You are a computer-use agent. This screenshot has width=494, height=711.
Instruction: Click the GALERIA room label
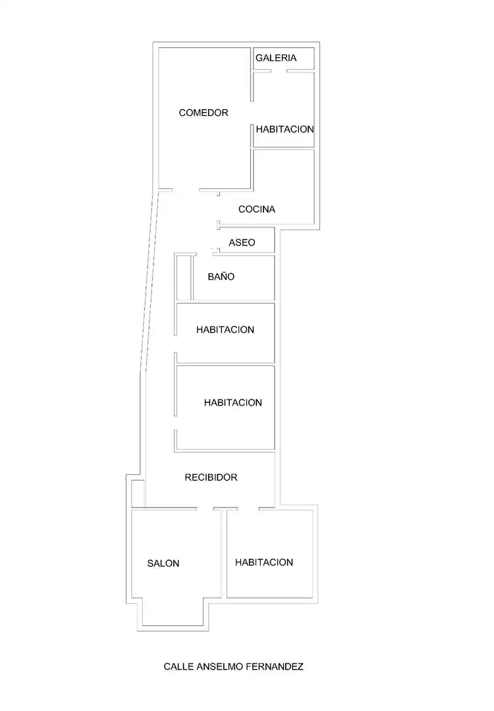click(x=276, y=58)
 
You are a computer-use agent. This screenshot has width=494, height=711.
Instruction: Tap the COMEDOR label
click(x=204, y=113)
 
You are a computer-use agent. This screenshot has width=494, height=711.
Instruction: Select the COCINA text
click(x=257, y=209)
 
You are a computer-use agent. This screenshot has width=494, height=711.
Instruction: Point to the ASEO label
click(x=242, y=242)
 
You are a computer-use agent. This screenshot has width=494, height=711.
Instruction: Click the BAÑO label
click(x=221, y=276)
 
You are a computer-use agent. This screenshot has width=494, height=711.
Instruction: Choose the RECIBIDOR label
click(x=211, y=477)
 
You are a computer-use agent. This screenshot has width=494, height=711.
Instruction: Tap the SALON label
click(x=163, y=564)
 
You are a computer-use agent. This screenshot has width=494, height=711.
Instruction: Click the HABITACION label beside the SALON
click(x=264, y=562)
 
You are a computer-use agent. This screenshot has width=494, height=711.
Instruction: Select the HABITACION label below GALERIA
click(x=285, y=129)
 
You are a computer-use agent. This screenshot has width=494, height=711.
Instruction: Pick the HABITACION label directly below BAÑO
click(x=225, y=330)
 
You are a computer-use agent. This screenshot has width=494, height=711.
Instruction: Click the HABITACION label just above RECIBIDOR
click(x=233, y=403)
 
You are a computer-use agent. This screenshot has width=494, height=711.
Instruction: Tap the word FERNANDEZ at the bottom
click(x=275, y=666)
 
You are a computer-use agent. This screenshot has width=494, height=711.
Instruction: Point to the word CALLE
click(x=178, y=666)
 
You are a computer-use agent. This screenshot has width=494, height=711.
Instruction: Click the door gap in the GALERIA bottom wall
click(x=279, y=70)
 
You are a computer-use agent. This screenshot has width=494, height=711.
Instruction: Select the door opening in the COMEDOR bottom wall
click(x=186, y=190)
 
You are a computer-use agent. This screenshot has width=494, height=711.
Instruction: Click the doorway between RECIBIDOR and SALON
click(x=205, y=509)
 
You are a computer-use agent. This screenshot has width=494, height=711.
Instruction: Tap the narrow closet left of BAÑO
click(x=184, y=278)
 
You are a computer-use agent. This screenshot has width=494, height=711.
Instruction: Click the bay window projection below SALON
click(x=173, y=612)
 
